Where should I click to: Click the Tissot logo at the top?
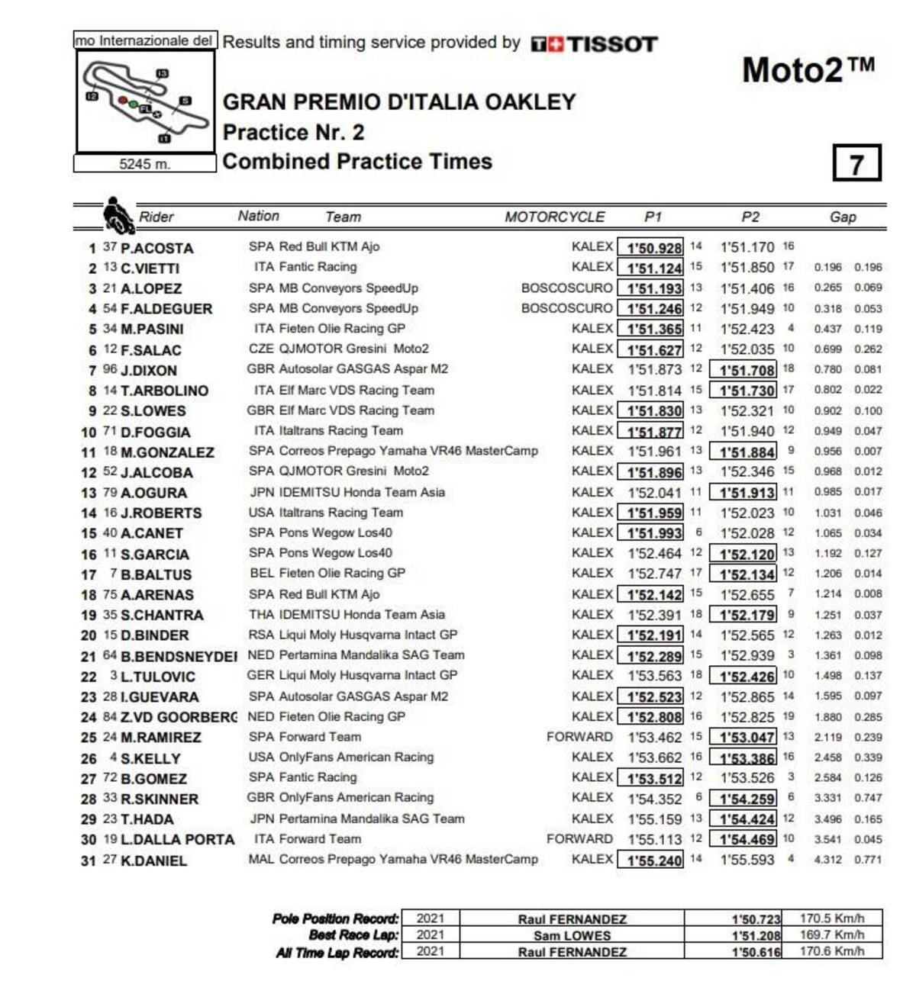click(x=594, y=44)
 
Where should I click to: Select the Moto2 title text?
click(x=808, y=71)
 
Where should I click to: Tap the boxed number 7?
click(x=856, y=163)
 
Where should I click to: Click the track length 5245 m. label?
click(x=145, y=164)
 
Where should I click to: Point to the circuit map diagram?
click(x=145, y=102)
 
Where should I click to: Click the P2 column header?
click(x=750, y=217)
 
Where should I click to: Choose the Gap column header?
click(x=843, y=217)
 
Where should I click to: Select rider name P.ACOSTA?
click(x=156, y=248)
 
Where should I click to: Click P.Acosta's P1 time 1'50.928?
click(x=654, y=248)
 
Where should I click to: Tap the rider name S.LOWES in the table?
click(x=153, y=410)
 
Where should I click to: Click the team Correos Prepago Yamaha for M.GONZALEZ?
click(x=393, y=451)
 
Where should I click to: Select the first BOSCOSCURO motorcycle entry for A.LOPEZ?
click(x=566, y=288)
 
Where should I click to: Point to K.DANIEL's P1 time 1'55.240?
click(x=654, y=860)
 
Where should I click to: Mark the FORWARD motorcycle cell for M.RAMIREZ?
click(x=579, y=737)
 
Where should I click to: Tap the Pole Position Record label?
click(x=335, y=918)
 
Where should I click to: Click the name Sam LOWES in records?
click(x=572, y=935)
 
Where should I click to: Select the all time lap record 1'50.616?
click(x=756, y=952)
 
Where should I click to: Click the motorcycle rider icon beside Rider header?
click(x=118, y=215)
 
